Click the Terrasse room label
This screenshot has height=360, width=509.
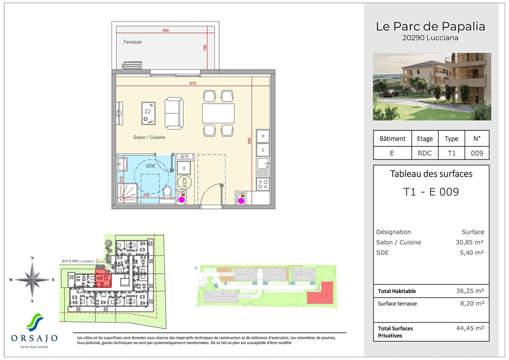[x=132, y=42]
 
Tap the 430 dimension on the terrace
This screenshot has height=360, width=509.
[x=165, y=30]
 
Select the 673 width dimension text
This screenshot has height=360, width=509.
[x=193, y=83]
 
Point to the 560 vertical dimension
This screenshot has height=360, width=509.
[x=249, y=141]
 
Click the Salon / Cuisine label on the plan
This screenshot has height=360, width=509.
[x=149, y=137]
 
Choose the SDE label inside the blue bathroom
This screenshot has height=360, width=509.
[x=151, y=166]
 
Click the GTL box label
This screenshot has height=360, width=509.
[x=185, y=157]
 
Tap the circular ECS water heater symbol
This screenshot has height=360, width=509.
[x=184, y=183]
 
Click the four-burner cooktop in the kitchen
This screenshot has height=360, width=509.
[x=263, y=184]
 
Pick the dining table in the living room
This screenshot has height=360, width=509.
[x=218, y=113]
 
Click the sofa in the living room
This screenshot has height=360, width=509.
[x=174, y=113]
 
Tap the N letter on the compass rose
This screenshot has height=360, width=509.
[x=32, y=258]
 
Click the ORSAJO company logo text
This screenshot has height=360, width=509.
[x=34, y=338]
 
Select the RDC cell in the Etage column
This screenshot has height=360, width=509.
[x=425, y=153]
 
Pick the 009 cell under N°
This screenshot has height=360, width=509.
[x=477, y=153]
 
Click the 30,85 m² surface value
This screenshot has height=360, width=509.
[x=469, y=242]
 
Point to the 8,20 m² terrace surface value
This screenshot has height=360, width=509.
[x=472, y=303]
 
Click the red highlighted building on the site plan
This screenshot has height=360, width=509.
[x=320, y=294]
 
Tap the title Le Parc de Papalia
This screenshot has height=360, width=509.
[x=430, y=26]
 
